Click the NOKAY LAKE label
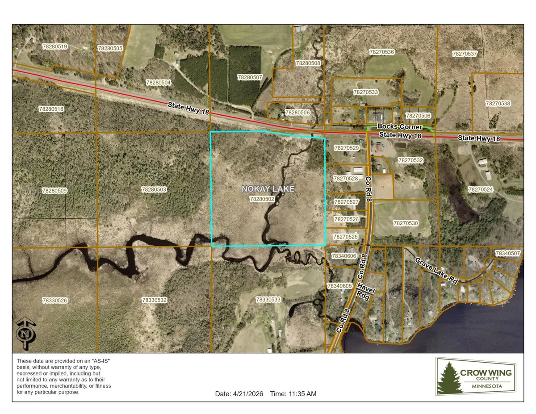pyautogui.click(x=268, y=189)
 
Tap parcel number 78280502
pyautogui.click(x=262, y=199)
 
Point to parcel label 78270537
pyautogui.click(x=465, y=54)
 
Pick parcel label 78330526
pyautogui.click(x=54, y=301)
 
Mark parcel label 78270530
pyautogui.click(x=406, y=223)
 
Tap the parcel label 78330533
pyautogui.click(x=268, y=300)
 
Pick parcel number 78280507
pyautogui.click(x=250, y=77)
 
